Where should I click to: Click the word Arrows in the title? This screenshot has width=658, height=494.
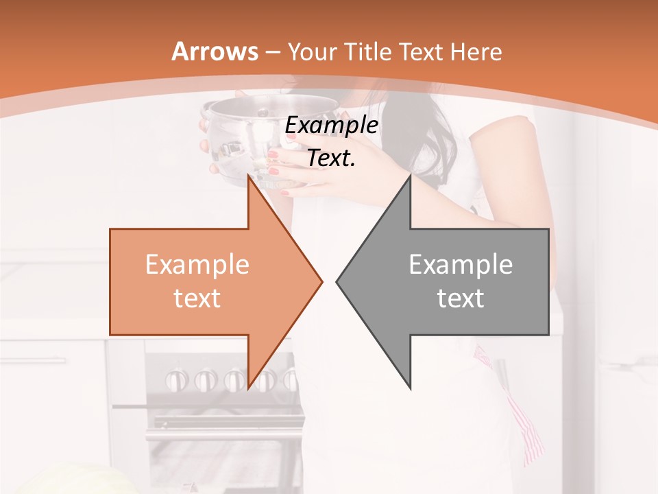(215, 51)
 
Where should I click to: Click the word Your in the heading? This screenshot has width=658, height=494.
(312, 51)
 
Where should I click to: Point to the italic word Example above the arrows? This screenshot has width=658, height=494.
(331, 126)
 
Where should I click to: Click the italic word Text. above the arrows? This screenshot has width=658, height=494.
(331, 158)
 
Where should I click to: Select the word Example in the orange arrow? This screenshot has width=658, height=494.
(197, 264)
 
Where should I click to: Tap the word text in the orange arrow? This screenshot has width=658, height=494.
(197, 298)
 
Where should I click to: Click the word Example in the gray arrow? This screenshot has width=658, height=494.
(461, 264)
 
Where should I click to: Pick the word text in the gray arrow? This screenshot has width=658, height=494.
(461, 298)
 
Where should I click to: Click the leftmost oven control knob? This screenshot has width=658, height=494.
(177, 378)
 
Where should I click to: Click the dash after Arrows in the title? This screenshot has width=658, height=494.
(272, 52)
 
